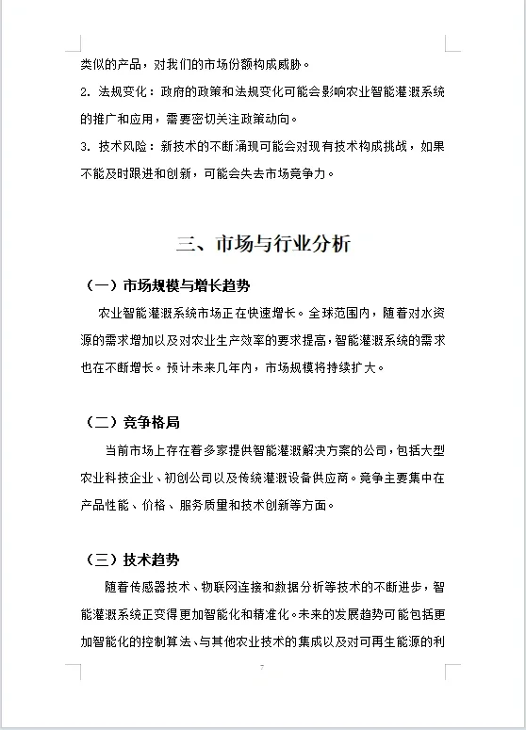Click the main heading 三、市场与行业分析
(x=263, y=244)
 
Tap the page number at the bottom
(x=263, y=667)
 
